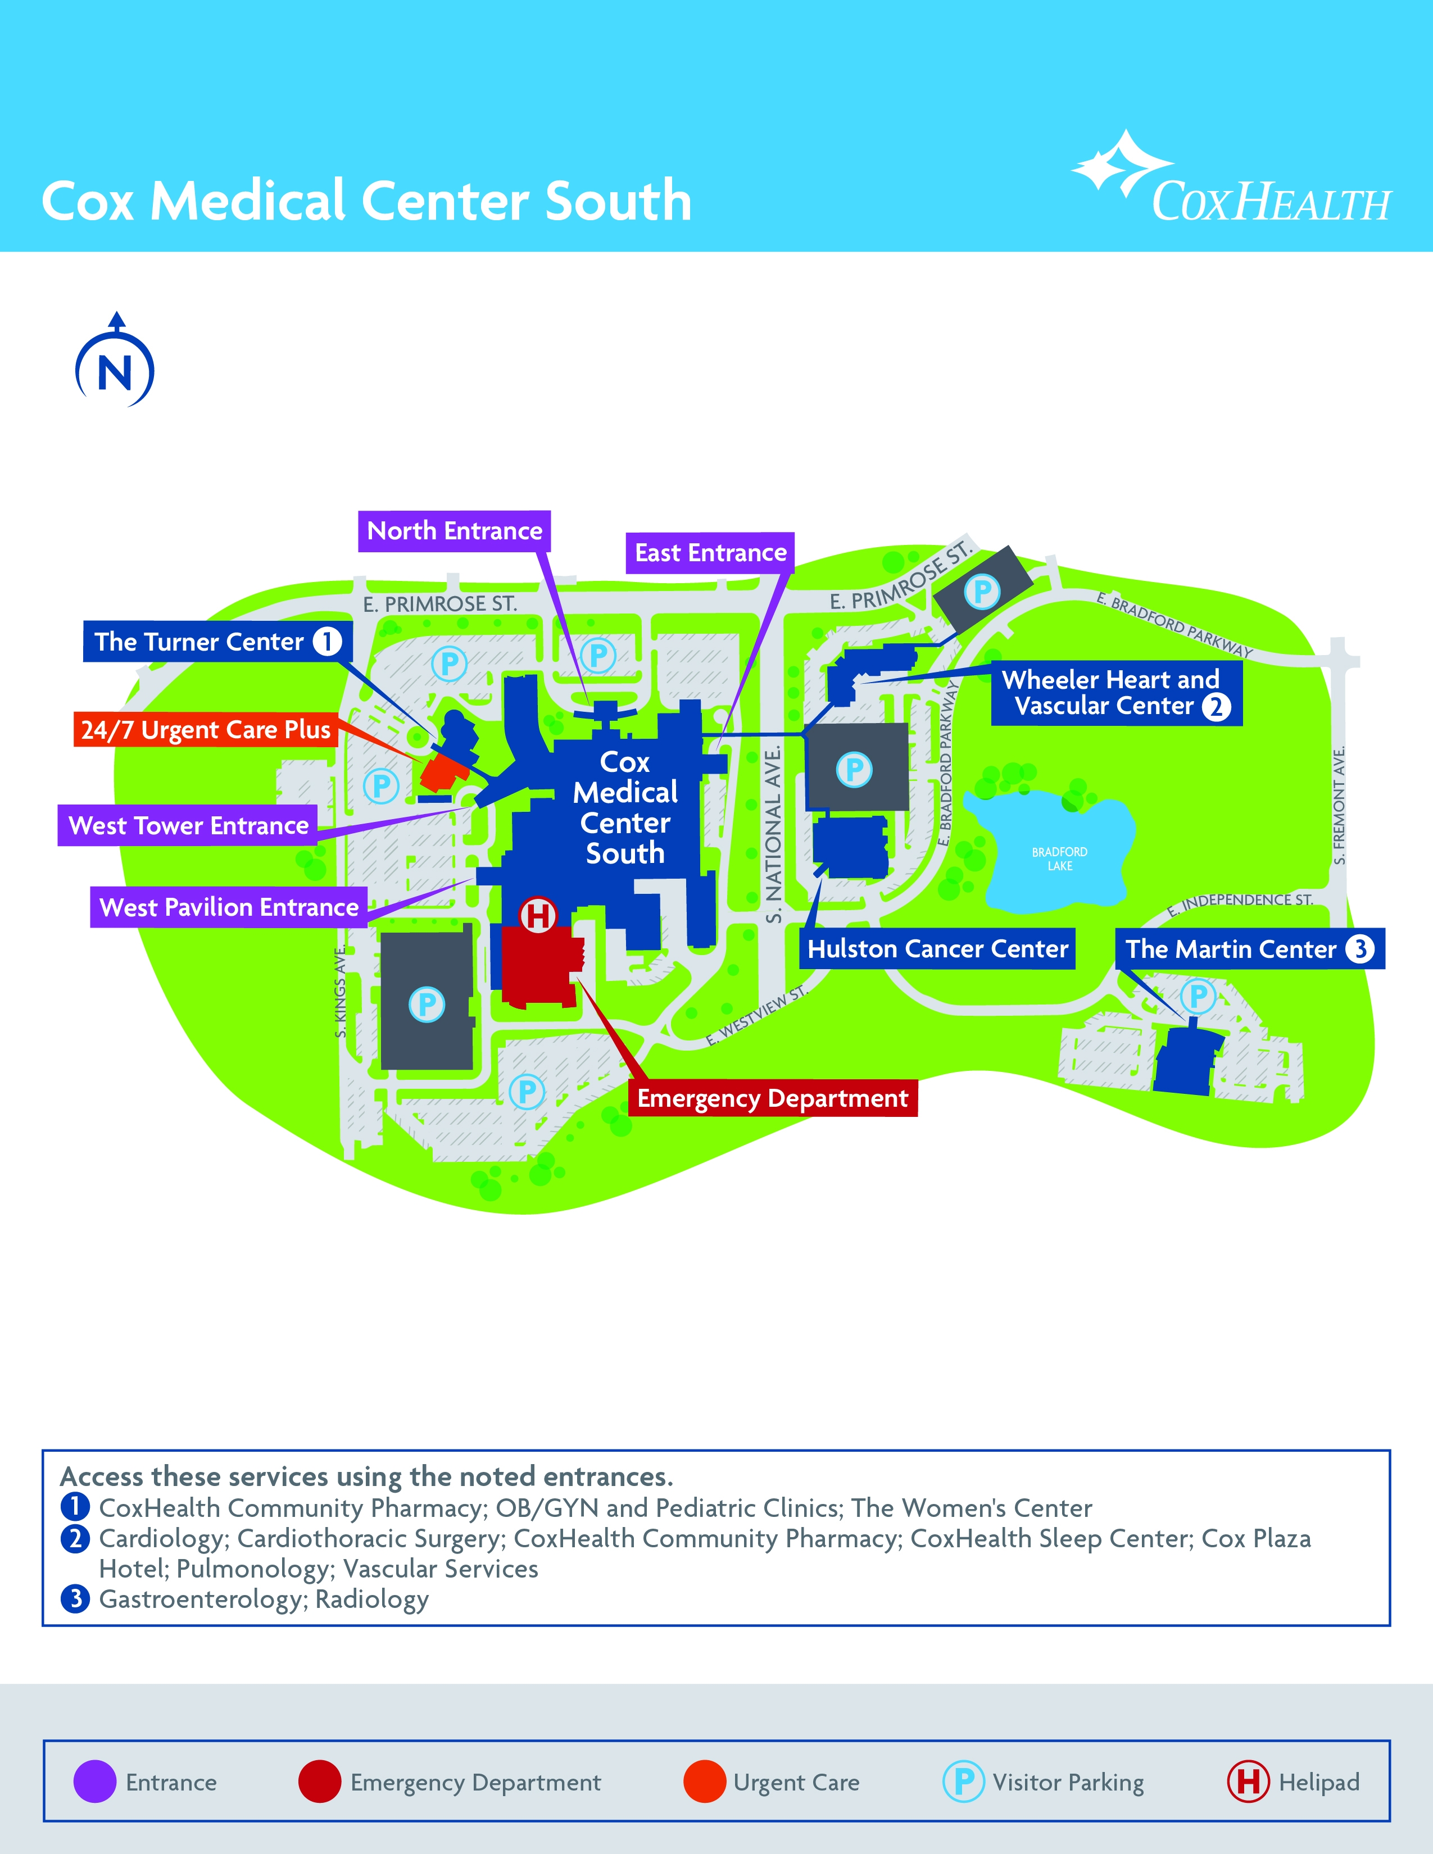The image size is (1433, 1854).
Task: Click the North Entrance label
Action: click(454, 531)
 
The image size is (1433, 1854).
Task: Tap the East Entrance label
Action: click(710, 553)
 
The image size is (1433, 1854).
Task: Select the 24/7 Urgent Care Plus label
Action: click(206, 729)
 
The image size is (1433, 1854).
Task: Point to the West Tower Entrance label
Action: click(188, 825)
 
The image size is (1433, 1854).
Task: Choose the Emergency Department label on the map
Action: click(773, 1098)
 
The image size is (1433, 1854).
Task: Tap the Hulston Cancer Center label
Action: click(937, 948)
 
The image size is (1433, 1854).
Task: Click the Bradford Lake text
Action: click(1059, 858)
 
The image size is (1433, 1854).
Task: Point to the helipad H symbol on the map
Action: click(537, 916)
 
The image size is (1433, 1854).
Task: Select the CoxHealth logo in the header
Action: click(1231, 179)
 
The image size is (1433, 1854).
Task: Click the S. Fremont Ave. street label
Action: click(1339, 806)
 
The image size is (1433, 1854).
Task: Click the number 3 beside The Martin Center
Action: click(1359, 948)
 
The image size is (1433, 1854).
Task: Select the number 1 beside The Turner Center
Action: click(327, 641)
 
